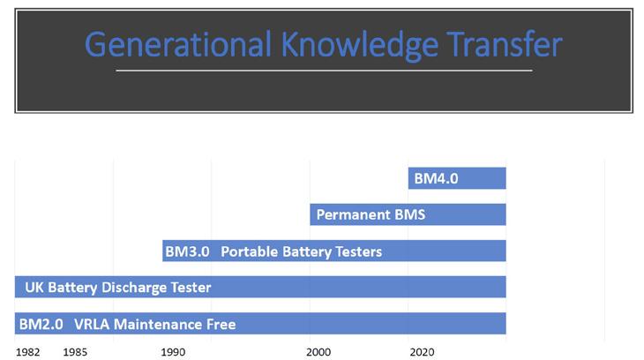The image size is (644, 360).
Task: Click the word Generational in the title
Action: tap(178, 44)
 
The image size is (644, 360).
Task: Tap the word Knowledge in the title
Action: tap(359, 45)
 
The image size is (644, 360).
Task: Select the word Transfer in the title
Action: tap(505, 43)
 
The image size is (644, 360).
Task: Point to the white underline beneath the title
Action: tap(324, 71)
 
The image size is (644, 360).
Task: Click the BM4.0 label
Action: tap(436, 179)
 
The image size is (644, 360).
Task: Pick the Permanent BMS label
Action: tap(371, 214)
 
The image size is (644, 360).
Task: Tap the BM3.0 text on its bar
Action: tap(187, 251)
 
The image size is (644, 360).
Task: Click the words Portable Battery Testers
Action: tap(302, 251)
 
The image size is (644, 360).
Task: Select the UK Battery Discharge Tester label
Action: tap(118, 288)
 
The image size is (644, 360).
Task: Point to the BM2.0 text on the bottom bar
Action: tap(41, 324)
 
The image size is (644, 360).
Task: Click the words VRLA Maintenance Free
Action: tap(155, 324)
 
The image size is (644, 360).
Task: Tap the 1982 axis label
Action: tap(28, 352)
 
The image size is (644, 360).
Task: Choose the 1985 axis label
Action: tap(75, 352)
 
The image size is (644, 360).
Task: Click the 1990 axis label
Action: tap(173, 352)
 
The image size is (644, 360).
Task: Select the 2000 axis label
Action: tap(318, 352)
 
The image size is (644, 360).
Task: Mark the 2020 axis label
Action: tap(422, 352)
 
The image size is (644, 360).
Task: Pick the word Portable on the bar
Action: tap(250, 251)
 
